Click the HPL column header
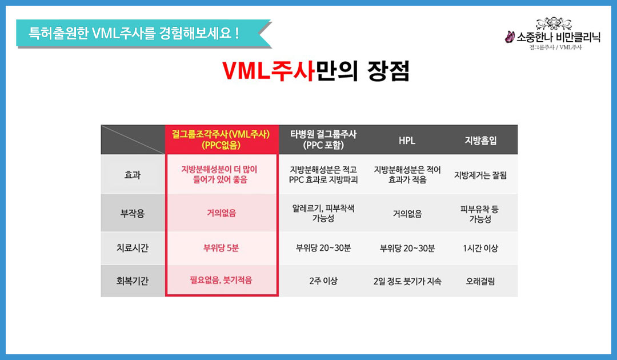(407, 141)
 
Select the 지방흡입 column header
(480, 141)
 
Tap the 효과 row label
(132, 175)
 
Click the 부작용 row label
(132, 213)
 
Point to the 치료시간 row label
(132, 248)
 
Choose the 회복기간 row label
(132, 281)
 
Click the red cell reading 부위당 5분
(221, 248)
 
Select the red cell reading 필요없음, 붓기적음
(221, 280)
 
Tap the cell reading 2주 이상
(323, 281)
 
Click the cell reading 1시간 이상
(480, 248)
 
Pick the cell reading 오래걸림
(480, 281)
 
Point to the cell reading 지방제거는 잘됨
(480, 175)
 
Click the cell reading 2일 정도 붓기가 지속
(407, 281)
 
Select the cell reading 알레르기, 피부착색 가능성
(323, 213)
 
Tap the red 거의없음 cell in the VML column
(221, 213)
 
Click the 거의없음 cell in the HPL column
(407, 214)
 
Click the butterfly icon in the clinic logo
(510, 37)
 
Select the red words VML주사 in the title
(268, 71)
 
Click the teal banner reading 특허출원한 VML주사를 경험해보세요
(144, 33)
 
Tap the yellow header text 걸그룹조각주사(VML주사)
(221, 134)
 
